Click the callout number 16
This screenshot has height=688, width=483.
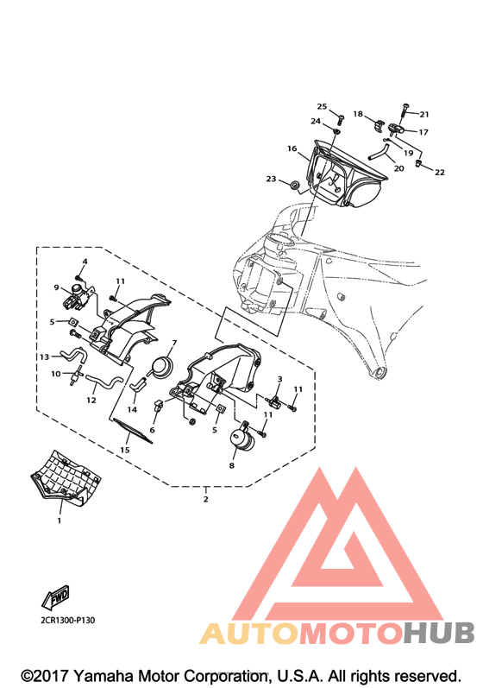pos(292,148)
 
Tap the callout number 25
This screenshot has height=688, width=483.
pos(322,107)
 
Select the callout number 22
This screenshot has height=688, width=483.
pos(440,173)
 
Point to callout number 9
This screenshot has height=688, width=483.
pos(57,287)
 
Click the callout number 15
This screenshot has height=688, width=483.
pos(125,450)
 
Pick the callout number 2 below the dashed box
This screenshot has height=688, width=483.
pos(205,499)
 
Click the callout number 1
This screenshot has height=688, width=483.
pos(60,521)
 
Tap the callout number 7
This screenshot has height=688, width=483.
pos(174,342)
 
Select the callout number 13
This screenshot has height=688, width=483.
pos(44,357)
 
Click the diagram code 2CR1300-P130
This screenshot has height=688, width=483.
pos(67,620)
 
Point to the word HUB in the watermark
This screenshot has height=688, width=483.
pos(439,633)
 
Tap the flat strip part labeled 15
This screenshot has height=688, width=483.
pos(133,431)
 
